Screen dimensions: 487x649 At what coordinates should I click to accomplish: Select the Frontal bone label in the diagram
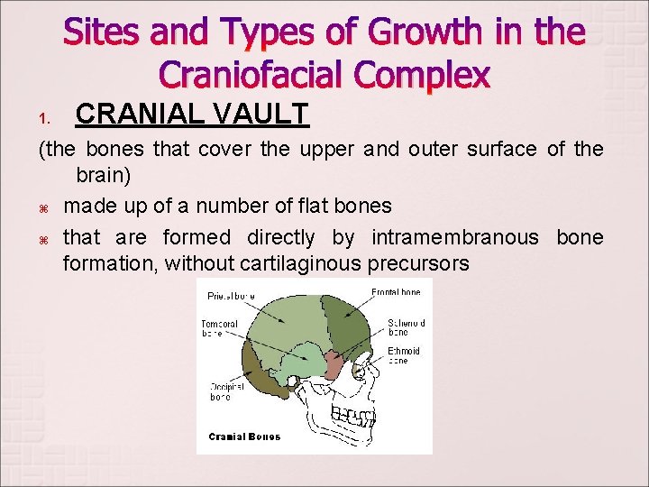[396, 293]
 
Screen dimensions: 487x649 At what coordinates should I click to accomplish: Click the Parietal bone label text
[231, 295]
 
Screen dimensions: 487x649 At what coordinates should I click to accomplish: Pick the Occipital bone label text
[225, 391]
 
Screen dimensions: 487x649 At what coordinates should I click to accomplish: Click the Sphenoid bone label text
[406, 326]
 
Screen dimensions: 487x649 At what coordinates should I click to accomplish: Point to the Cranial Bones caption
[244, 436]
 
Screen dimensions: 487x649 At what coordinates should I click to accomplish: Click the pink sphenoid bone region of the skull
[334, 365]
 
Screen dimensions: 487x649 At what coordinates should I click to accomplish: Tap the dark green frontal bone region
[347, 320]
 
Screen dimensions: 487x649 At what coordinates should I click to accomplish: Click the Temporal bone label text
[222, 329]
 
